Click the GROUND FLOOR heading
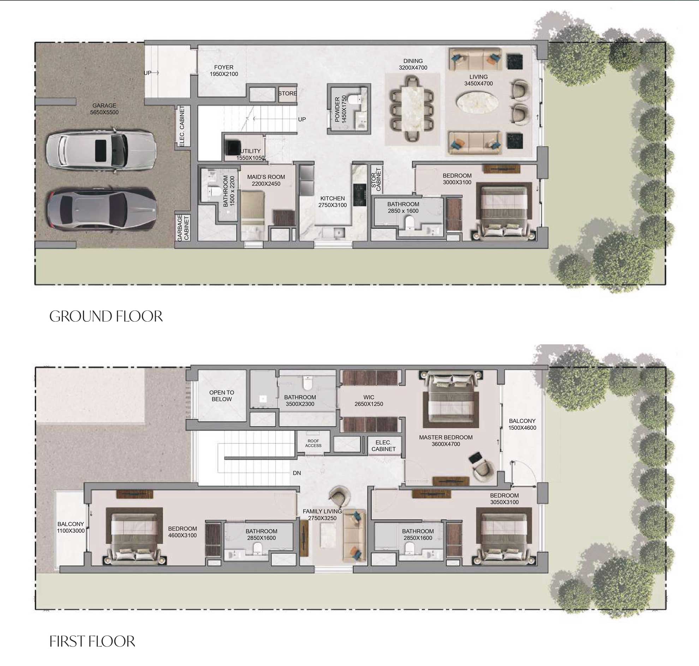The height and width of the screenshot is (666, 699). point(106,316)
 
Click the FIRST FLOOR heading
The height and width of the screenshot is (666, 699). point(92,641)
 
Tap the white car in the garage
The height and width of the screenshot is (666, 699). point(101,151)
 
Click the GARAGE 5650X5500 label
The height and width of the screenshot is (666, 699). point(104,109)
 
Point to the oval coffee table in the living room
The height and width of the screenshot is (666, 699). point(477,102)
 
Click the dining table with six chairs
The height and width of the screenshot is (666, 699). point(413,109)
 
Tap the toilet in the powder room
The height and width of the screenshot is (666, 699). point(354,98)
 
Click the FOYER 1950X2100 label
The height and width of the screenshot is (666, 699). point(224,71)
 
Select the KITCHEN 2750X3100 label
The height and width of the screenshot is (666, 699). point(332,202)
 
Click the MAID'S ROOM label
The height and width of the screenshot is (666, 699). point(266,180)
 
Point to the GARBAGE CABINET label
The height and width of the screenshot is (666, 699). point(183,227)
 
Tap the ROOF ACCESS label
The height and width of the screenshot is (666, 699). point(313,443)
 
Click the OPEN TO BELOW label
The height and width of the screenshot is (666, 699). point(222,396)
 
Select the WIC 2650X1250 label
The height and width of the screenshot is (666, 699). point(369,400)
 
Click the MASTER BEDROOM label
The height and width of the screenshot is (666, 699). point(446,441)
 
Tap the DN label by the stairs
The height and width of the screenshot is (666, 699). point(297,473)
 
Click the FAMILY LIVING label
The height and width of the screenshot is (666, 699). point(322,514)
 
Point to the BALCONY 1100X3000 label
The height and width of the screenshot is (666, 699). point(71,527)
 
